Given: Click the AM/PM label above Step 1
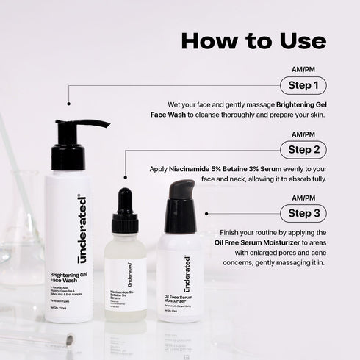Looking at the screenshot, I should coord(303,71).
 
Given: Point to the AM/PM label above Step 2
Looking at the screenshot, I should coord(303,134).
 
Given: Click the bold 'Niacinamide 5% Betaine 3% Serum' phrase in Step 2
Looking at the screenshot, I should coord(225,168).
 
